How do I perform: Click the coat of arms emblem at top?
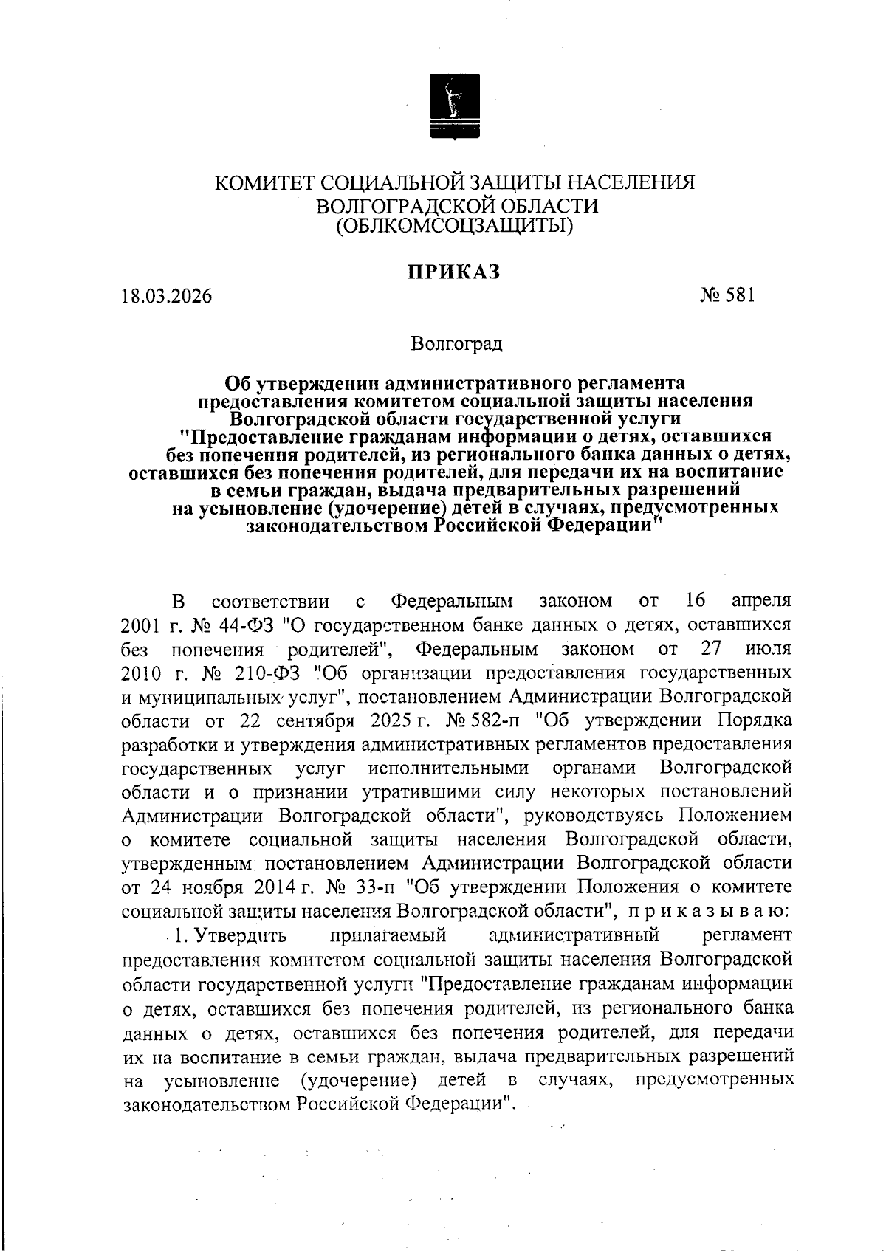coord(454,106)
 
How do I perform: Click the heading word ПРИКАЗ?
coord(454,272)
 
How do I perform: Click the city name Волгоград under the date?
coord(457,344)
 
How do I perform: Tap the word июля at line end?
coord(768,650)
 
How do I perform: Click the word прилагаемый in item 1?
coord(388,935)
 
